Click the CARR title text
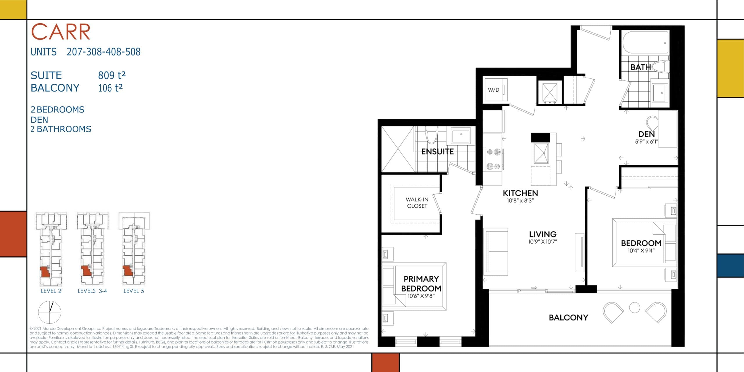[61, 32]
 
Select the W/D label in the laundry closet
[493, 90]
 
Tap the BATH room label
[641, 67]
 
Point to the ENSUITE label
[437, 152]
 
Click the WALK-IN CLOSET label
[417, 203]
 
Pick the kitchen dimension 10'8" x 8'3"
[520, 201]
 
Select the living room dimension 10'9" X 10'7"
[543, 242]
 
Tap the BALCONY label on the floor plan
[568, 318]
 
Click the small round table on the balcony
[634, 307]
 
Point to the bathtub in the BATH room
[645, 43]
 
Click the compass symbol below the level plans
[50, 312]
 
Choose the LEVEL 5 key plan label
[134, 291]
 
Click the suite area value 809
[106, 76]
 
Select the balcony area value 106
[105, 88]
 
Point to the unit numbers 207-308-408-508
[103, 52]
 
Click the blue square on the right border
[730, 266]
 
